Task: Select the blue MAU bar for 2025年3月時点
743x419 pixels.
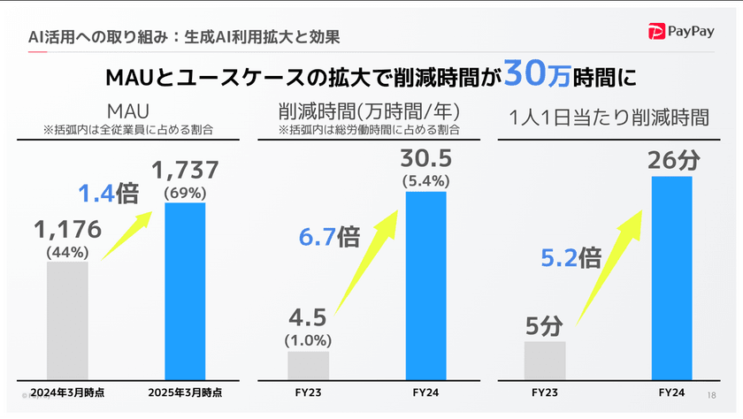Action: pyautogui.click(x=186, y=292)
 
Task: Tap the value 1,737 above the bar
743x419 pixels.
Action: pyautogui.click(x=186, y=170)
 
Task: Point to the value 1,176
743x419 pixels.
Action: pyautogui.click(x=67, y=231)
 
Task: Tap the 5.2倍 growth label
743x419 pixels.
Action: pyautogui.click(x=571, y=258)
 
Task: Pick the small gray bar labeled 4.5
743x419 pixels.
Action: pyautogui.click(x=309, y=366)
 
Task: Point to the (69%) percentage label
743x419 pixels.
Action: pyautogui.click(x=186, y=191)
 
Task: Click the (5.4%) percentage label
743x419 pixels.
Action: pyautogui.click(x=425, y=181)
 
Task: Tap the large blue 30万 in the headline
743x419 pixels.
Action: pyautogui.click(x=537, y=76)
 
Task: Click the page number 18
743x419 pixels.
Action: pyautogui.click(x=713, y=394)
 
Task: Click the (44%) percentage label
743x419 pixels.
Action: pyautogui.click(x=67, y=252)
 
